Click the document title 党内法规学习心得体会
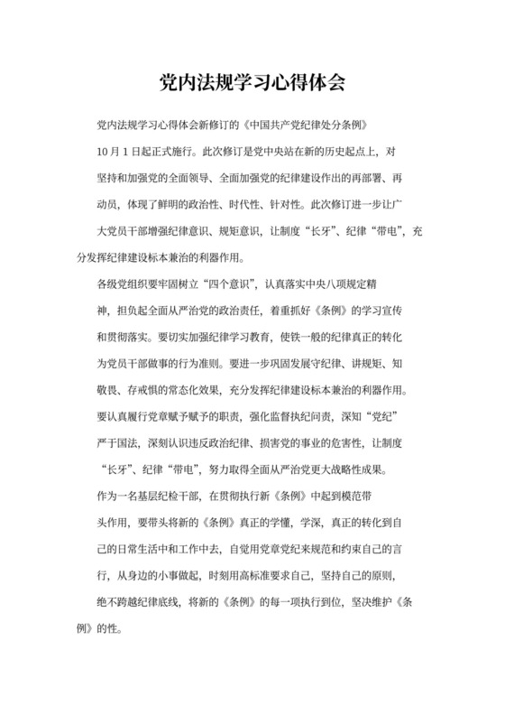point(252,82)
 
